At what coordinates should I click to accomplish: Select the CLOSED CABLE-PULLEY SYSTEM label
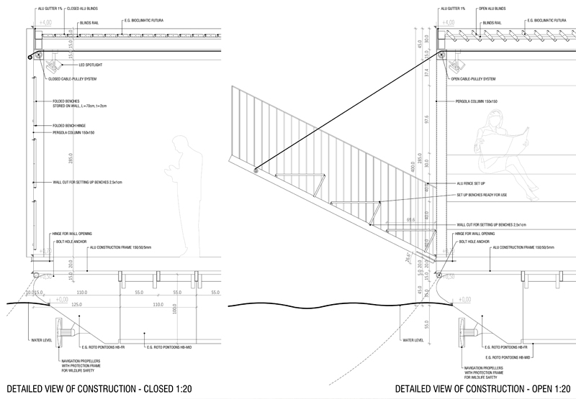coord(73,78)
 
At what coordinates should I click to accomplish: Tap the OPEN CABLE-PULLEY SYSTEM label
coord(476,78)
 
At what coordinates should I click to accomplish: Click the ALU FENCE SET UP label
coord(471,184)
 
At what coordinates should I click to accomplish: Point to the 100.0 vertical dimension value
coord(174,316)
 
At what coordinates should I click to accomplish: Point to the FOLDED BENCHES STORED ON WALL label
coord(78,103)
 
